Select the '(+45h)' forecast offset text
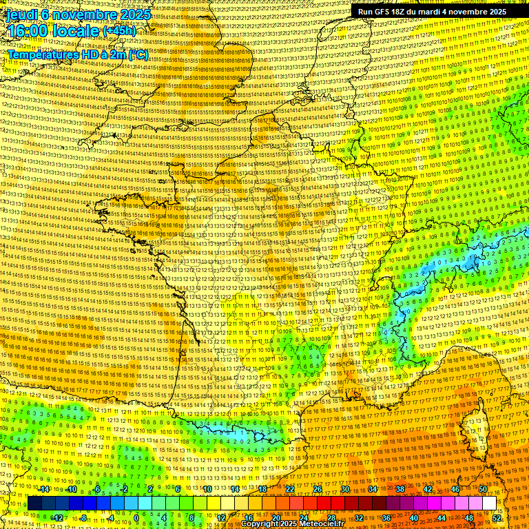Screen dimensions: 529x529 point(119,32)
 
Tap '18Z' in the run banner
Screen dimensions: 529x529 point(404,12)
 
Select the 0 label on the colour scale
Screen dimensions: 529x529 point(136,517)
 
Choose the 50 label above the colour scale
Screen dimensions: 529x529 point(483,489)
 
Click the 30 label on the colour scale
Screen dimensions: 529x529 point(344,489)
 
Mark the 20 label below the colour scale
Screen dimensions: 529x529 point(276,517)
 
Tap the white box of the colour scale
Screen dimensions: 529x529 point(489,504)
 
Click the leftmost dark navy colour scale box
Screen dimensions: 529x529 point(34,504)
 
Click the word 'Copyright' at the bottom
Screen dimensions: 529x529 point(262,524)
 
